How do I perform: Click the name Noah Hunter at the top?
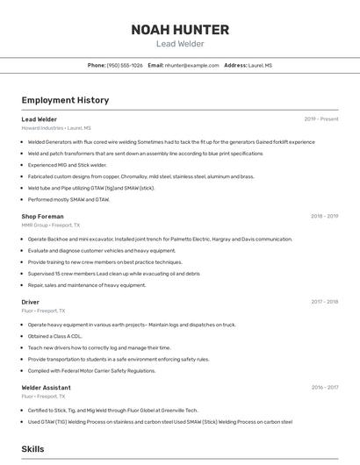180,29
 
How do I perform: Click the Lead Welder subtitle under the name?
180,43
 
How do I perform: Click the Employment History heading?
65,100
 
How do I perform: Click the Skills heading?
33,448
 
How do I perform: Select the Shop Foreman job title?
42,216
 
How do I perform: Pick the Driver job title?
31,302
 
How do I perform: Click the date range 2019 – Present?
320,119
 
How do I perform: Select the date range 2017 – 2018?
324,302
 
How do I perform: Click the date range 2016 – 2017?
324,387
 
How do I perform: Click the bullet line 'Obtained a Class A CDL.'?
54,336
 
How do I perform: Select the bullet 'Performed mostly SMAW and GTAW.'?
68,199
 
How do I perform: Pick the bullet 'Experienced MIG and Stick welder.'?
67,165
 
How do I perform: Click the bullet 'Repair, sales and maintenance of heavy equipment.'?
87,284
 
